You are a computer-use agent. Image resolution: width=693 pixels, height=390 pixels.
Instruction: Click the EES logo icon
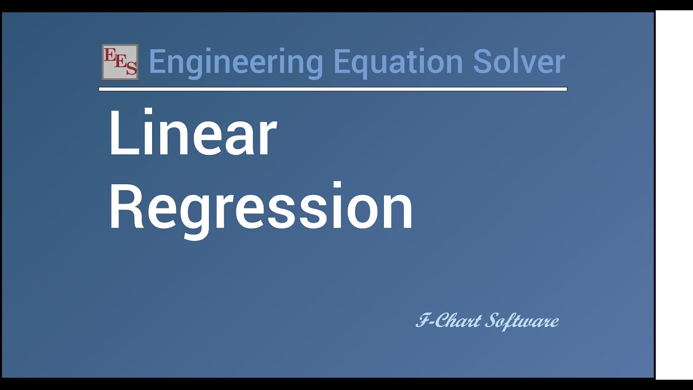(120, 62)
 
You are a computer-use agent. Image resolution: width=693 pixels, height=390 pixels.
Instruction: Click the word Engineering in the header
(236, 62)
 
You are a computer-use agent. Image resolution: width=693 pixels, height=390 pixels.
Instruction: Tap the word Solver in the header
(519, 61)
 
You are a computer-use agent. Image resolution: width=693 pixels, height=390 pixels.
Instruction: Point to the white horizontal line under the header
(332, 89)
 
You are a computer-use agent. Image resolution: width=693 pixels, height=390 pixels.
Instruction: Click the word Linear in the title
(192, 134)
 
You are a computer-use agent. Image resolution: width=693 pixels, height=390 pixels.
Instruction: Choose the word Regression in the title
(260, 207)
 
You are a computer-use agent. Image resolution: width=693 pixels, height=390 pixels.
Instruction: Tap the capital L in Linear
(120, 134)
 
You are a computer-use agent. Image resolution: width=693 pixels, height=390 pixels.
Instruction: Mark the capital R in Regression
(125, 207)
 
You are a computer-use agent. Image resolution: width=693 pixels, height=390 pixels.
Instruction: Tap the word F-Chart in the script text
(448, 321)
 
